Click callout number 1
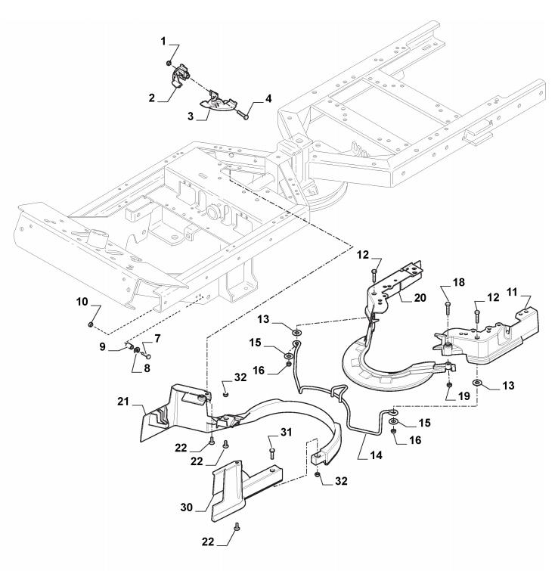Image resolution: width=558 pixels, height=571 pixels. click(163, 42)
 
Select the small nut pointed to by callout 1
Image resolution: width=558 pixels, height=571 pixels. click(169, 63)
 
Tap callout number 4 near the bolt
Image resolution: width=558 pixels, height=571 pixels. click(268, 98)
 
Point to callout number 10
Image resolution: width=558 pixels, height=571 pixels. click(82, 302)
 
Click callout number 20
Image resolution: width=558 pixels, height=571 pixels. click(420, 297)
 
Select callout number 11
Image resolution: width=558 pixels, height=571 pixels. click(512, 292)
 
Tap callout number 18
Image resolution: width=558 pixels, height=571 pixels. click(459, 282)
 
